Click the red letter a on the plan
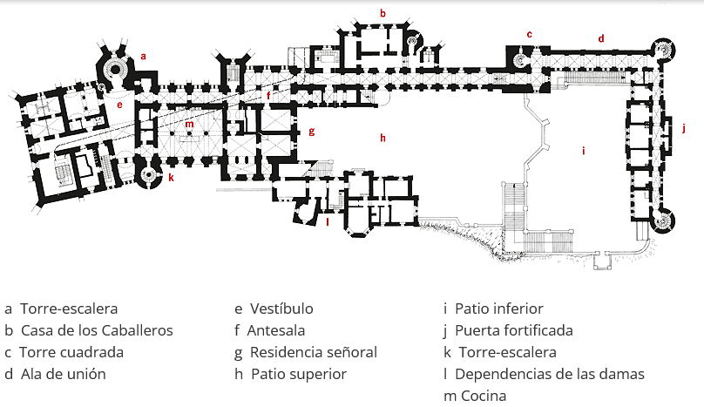pyautogui.click(x=144, y=56)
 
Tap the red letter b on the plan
pyautogui.click(x=382, y=12)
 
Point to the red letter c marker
pyautogui.click(x=528, y=34)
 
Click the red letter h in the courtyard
pyautogui.click(x=382, y=137)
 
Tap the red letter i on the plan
pyautogui.click(x=583, y=151)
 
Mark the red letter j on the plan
pyautogui.click(x=684, y=129)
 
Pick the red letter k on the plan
pyautogui.click(x=171, y=178)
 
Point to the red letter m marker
pyautogui.click(x=188, y=124)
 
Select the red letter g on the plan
pyautogui.click(x=310, y=132)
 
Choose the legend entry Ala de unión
pyautogui.click(x=63, y=374)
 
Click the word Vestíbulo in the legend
pyautogui.click(x=281, y=309)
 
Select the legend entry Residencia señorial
pyautogui.click(x=313, y=352)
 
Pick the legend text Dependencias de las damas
pyautogui.click(x=550, y=374)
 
